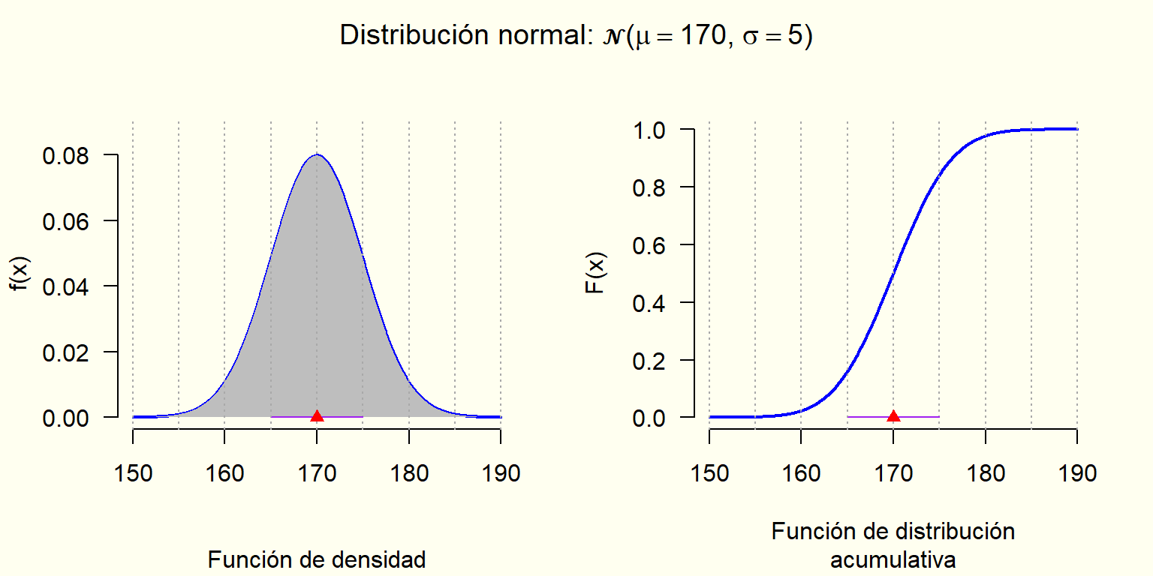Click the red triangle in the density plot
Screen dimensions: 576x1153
tap(317, 416)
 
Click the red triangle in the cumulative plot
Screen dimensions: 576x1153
tap(893, 416)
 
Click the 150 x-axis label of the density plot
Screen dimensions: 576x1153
tap(133, 473)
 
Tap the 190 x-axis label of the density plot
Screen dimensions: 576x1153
tap(501, 473)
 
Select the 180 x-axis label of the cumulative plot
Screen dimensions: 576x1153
tap(985, 473)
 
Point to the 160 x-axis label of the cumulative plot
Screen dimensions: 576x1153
tap(801, 473)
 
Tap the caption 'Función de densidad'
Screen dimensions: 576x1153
tap(317, 559)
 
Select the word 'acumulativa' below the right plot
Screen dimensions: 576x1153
tap(893, 559)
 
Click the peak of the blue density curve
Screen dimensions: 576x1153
tap(317, 154)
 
